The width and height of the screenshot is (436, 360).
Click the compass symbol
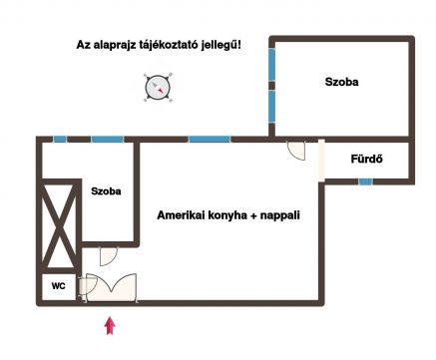158,88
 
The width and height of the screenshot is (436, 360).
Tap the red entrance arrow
110,326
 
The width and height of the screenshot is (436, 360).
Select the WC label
59,286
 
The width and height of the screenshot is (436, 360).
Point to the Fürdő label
366,159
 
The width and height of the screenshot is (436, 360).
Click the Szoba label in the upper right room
341,82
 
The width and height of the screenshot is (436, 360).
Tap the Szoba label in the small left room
106,191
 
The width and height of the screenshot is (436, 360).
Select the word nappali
280,215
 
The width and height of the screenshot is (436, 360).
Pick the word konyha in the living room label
227,215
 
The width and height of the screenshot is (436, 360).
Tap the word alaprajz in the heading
113,45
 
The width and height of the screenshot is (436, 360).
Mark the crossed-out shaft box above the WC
59,226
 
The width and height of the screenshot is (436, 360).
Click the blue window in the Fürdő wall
365,181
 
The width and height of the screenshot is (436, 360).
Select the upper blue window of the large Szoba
272,65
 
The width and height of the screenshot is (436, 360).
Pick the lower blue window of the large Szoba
272,107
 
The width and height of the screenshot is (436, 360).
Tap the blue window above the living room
210,140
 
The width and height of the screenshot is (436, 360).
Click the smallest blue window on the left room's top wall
60,140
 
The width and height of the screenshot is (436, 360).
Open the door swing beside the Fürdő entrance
296,151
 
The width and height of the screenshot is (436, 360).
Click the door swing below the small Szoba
109,256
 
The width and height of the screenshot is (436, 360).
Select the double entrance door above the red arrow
112,287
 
